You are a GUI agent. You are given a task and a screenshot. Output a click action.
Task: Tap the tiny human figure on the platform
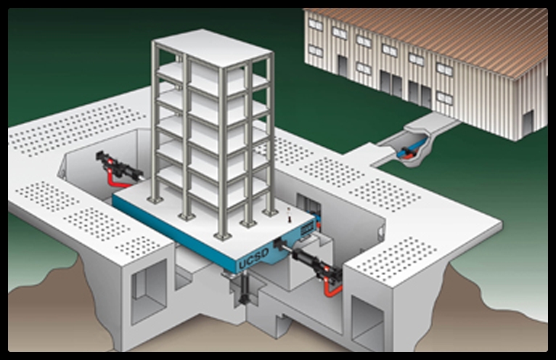[290, 215]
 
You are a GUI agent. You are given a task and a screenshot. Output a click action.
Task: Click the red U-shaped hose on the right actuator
[332, 287]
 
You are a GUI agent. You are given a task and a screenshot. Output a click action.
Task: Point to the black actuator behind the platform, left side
[118, 165]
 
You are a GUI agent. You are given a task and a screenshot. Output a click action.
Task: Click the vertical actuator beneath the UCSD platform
[245, 288]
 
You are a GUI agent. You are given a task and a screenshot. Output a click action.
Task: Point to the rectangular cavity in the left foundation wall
[149, 292]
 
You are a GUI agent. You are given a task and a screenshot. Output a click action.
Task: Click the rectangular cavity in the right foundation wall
[367, 324]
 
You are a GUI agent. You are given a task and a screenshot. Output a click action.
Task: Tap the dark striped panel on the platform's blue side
[308, 228]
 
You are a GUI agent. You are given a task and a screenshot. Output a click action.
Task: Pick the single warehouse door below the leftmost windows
[342, 65]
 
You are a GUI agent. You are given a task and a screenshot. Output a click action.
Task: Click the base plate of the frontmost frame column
[221, 236]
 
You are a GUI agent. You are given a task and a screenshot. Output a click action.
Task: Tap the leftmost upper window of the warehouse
[315, 25]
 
